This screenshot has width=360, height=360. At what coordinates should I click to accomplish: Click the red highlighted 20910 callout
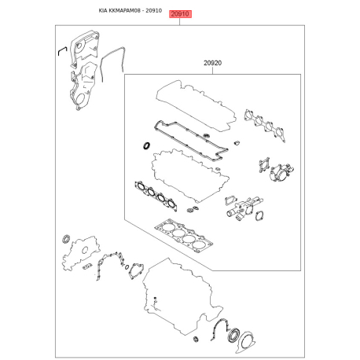181,14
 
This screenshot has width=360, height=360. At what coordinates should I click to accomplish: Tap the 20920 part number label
212,63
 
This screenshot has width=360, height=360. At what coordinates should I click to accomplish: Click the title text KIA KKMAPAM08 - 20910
130,11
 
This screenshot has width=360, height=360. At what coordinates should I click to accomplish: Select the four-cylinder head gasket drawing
183,234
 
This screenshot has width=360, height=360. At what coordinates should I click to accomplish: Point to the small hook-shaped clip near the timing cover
62,50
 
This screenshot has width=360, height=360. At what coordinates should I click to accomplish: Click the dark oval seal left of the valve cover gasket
146,145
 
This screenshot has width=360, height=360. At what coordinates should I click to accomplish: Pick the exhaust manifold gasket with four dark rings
156,195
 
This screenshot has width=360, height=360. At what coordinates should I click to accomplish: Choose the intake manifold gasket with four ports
265,125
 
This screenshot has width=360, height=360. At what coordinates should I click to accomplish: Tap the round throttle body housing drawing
281,173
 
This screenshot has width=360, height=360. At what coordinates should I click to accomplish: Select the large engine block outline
182,296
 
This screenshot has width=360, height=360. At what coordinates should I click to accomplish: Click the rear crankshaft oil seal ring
233,335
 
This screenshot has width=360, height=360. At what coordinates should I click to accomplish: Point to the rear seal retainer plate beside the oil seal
246,343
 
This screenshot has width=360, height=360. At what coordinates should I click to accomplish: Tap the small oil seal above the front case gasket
66,239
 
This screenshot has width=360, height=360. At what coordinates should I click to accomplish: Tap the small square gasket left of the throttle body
264,165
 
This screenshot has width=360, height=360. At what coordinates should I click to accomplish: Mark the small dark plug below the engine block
196,339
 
